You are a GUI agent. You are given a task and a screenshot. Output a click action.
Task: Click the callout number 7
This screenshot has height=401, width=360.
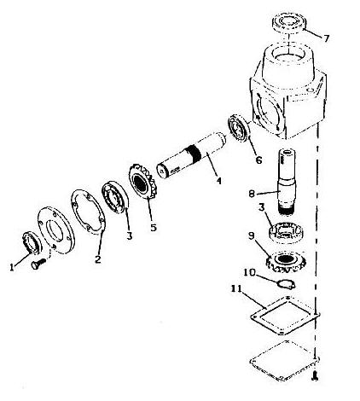click(x=326, y=38)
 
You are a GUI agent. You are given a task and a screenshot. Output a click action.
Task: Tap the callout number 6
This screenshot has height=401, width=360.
click(x=258, y=160)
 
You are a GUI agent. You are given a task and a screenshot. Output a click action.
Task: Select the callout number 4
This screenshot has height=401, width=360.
click(x=218, y=181)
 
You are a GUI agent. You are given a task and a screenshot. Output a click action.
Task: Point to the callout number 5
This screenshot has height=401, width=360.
click(x=154, y=227)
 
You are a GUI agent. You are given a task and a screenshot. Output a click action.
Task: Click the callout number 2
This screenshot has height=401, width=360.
click(x=98, y=259)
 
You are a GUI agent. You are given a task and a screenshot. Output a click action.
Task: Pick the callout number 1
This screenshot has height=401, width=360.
click(x=12, y=267)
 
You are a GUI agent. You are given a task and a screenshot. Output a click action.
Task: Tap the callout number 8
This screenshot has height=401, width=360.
click(x=252, y=194)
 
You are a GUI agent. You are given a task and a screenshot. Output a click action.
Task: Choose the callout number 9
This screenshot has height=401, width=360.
click(x=251, y=235)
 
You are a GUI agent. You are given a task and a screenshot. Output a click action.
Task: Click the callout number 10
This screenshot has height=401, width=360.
click(x=249, y=272)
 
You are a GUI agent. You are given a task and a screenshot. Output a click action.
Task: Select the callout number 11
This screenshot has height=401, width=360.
click(x=236, y=288)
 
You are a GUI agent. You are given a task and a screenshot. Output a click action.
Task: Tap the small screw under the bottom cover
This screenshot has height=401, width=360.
click(x=315, y=375)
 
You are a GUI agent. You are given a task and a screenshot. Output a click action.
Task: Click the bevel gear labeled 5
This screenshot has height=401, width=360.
click(x=142, y=182)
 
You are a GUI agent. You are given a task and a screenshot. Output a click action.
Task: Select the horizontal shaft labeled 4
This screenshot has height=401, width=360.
click(x=191, y=155)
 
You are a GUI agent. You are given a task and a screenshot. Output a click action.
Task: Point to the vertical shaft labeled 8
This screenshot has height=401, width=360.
click(x=287, y=180)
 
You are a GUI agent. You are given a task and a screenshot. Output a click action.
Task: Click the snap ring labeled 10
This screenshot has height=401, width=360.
click(x=287, y=284)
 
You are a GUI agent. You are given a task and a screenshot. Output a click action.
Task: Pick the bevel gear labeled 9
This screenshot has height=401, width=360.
click(x=286, y=261)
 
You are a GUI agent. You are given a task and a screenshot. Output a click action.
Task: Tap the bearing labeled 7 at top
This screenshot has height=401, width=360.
click(x=289, y=22)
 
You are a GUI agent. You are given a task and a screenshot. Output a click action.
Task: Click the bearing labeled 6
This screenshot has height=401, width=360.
click(x=239, y=127)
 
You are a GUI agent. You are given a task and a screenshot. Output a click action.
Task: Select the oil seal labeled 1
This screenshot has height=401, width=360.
click(x=32, y=242)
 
